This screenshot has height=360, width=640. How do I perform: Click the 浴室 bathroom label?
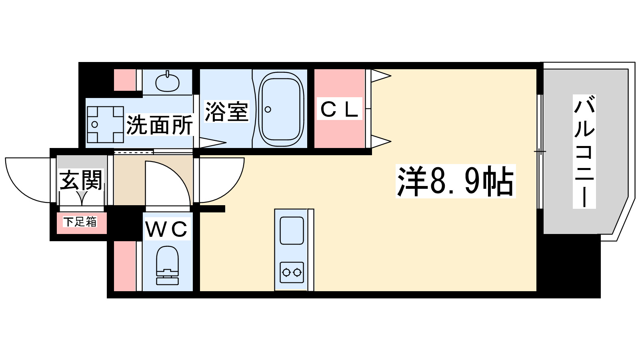pos(226,112)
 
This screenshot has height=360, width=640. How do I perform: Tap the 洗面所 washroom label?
pos(160,125)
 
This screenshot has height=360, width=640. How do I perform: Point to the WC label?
pos(166,230)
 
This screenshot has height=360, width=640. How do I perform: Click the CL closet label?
pos(339,109)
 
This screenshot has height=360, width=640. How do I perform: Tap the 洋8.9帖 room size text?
pos(455,181)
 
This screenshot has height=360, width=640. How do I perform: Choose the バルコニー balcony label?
pos(584,152)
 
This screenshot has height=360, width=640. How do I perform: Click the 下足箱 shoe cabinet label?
pos(80,222)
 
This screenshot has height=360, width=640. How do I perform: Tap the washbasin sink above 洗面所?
pos(167,82)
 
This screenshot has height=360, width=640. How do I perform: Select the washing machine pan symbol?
pos(105,124)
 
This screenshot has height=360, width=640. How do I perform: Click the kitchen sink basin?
pos(292,230)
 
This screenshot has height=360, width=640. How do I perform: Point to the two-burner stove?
pos(292,272)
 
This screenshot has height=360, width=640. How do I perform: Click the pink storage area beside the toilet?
pos(124,266)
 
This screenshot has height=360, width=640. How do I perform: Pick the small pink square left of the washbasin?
pos(124,80)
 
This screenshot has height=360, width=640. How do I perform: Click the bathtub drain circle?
pos(268,110)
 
